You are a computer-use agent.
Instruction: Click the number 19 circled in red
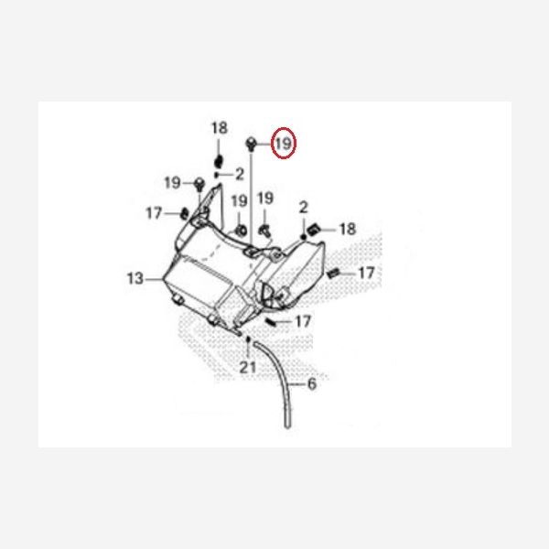pyautogui.click(x=283, y=144)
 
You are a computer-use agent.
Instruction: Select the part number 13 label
pyautogui.click(x=135, y=278)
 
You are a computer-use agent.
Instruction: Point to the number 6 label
pyautogui.click(x=311, y=385)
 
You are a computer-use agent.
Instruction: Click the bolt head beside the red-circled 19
pyautogui.click(x=251, y=143)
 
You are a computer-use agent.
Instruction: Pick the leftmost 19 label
pyautogui.click(x=173, y=183)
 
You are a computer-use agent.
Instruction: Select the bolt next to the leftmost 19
pyautogui.click(x=197, y=185)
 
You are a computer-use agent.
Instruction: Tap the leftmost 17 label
pyautogui.click(x=154, y=213)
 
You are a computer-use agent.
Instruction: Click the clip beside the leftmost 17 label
pyautogui.click(x=182, y=215)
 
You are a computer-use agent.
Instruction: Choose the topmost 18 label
pyautogui.click(x=219, y=128)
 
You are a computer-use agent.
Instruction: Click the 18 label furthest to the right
pyautogui.click(x=348, y=228)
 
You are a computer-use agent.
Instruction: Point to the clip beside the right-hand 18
pyautogui.click(x=314, y=227)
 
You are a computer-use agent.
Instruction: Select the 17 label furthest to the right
pyautogui.click(x=366, y=273)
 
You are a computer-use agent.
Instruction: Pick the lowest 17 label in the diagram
pyautogui.click(x=303, y=321)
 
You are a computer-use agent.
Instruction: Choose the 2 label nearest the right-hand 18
pyautogui.click(x=303, y=210)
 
